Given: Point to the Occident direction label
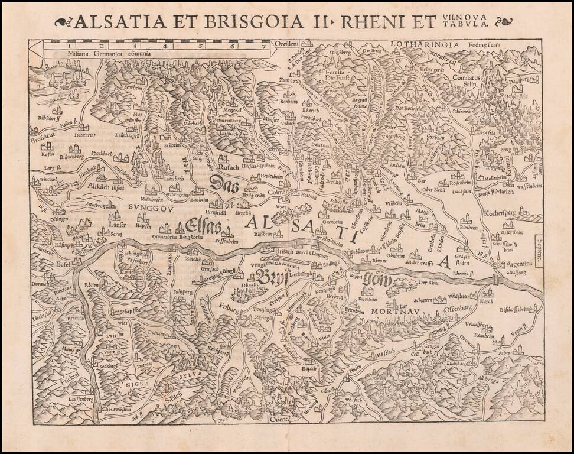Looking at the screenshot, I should click(x=287, y=44).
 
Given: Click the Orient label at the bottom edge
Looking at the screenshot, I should click(x=278, y=420).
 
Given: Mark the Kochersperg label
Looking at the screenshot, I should click(x=503, y=210).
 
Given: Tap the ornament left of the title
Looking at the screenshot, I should click(x=62, y=22).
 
